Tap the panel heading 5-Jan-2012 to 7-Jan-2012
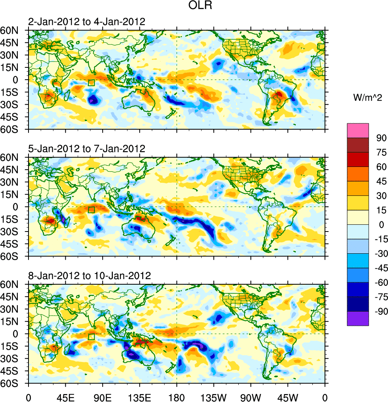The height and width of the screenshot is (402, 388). point(86,149)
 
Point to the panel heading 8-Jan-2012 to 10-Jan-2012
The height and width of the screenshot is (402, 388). point(89,276)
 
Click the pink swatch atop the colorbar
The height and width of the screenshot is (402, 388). point(358,130)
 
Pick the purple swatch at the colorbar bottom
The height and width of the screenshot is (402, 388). point(358,318)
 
